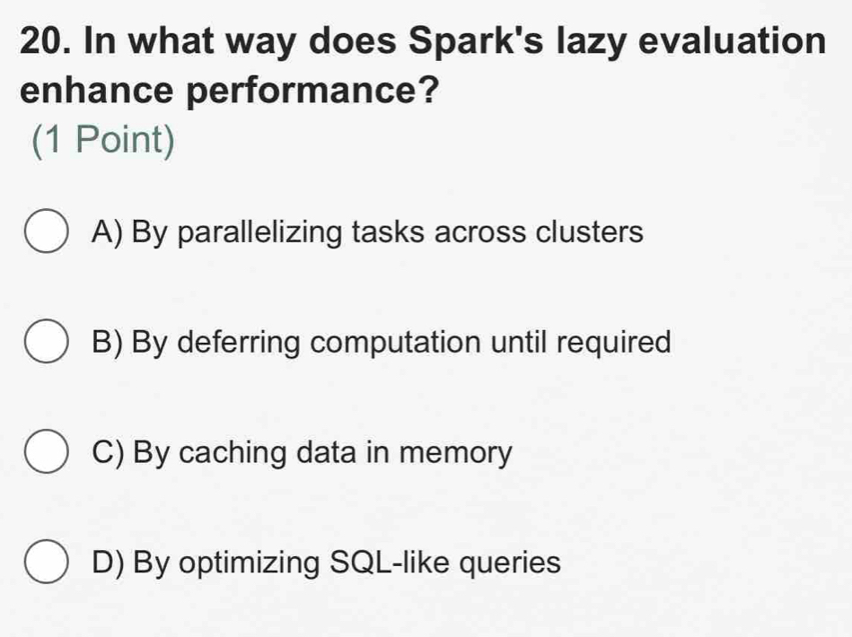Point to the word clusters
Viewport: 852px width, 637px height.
590,233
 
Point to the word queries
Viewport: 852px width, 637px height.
516,563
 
